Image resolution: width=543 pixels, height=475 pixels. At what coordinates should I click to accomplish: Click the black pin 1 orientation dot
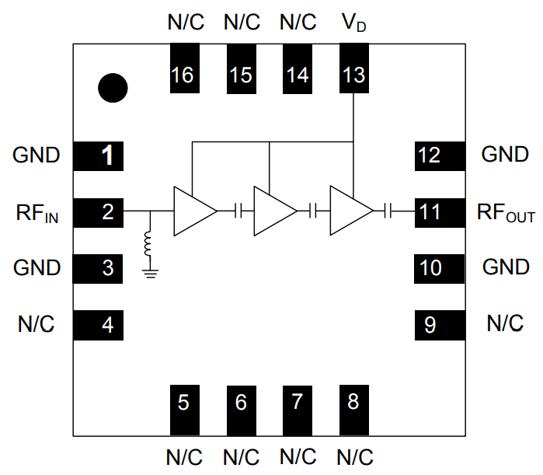pyautogui.click(x=113, y=87)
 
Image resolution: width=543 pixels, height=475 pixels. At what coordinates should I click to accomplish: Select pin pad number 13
pyautogui.click(x=353, y=68)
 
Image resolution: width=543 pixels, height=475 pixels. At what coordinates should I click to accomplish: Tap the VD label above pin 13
pyautogui.click(x=353, y=23)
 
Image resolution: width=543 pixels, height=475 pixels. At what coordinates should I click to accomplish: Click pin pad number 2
pyautogui.click(x=100, y=211)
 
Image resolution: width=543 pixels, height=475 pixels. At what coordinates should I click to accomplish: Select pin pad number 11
pyautogui.click(x=438, y=211)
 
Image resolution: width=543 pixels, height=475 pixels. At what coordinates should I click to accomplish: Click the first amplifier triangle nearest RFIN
pyautogui.click(x=192, y=211)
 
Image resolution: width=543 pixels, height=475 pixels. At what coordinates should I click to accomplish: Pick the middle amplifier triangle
pyautogui.click(x=273, y=211)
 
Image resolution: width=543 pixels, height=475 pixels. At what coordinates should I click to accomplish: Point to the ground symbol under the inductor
pyautogui.click(x=149, y=271)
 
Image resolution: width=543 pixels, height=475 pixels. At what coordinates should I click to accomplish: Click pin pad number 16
pyautogui.click(x=183, y=68)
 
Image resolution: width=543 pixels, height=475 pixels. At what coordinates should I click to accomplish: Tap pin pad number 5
pyautogui.click(x=183, y=409)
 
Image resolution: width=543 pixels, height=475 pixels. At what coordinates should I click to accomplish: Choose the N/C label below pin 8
pyautogui.click(x=353, y=456)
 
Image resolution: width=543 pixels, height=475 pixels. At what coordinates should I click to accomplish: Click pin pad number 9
pyautogui.click(x=438, y=324)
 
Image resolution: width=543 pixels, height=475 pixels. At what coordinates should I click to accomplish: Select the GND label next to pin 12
pyautogui.click(x=505, y=155)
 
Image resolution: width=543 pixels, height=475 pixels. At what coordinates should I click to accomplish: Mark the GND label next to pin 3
pyautogui.click(x=37, y=268)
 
